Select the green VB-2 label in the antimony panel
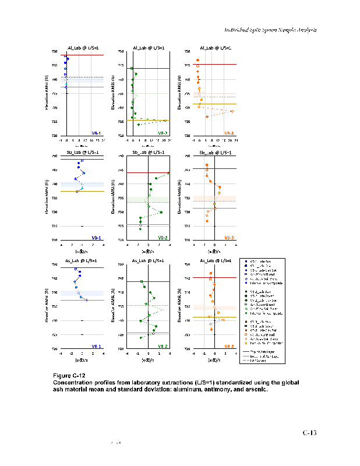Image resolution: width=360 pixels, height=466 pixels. (x=163, y=238)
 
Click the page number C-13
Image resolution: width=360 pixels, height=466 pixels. (x=309, y=433)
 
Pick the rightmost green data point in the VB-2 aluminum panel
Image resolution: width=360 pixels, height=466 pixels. (x=165, y=121)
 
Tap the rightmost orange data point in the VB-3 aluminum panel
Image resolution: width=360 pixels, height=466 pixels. (x=232, y=111)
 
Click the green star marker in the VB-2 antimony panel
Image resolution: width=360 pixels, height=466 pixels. (x=161, y=212)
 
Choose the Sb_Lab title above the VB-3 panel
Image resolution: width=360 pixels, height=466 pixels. (x=215, y=153)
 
